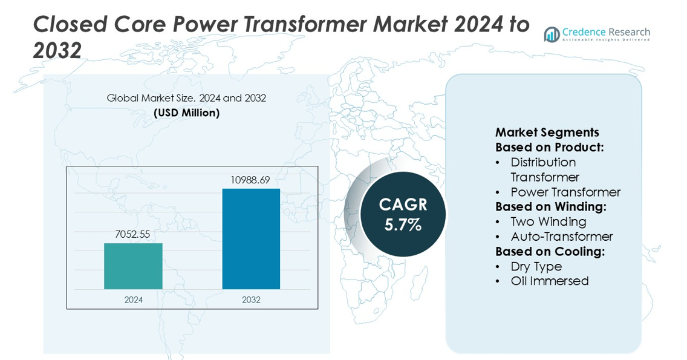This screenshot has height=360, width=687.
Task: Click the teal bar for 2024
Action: point(133,266)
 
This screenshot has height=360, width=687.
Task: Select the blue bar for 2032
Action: point(251,239)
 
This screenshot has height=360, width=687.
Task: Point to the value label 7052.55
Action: point(132,234)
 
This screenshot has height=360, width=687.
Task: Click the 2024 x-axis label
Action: point(133,299)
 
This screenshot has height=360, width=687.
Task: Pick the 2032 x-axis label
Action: point(251,299)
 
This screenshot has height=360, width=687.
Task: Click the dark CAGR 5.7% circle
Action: point(403,214)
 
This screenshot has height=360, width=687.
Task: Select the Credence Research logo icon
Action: point(552,34)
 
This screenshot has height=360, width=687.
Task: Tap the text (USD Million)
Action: point(186,113)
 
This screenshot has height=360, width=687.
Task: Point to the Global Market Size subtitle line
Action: point(186,98)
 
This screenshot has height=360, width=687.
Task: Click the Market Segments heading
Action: point(547,133)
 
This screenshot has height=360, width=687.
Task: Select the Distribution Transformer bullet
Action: point(544,169)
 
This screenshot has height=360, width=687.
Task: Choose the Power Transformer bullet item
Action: point(565,192)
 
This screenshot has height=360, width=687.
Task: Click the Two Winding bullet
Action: point(548,221)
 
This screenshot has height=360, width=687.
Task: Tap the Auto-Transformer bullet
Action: point(561,237)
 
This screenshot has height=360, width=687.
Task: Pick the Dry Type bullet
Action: point(536,266)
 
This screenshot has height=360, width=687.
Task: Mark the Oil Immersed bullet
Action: point(549,281)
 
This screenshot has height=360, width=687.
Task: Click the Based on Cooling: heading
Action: point(550,252)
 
